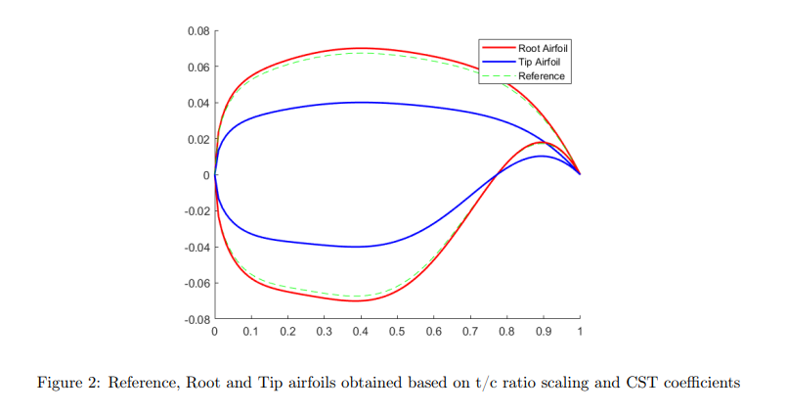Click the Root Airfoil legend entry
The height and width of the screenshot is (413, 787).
pos(543,47)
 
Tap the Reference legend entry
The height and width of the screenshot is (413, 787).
pos(541,76)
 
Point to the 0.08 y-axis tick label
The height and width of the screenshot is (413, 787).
pos(198,31)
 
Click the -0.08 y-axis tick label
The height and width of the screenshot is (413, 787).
pos(197,319)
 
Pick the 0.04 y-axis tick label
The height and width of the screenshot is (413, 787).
pos(198,103)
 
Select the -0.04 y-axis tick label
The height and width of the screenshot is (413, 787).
pos(197,248)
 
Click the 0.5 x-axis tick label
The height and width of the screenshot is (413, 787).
pos(398,333)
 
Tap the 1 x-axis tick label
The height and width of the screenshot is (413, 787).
pos(580,333)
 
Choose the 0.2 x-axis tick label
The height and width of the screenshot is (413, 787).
pos(287,333)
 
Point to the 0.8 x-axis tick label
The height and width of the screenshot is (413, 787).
pos(507,333)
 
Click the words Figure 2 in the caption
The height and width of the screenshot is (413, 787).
pos(67,383)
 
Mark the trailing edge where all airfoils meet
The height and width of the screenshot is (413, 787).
pos(580,174)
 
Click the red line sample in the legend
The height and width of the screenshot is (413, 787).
pos(498,47)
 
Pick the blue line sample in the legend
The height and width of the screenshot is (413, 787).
pos(498,62)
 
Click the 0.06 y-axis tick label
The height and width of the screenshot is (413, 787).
pos(198,68)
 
